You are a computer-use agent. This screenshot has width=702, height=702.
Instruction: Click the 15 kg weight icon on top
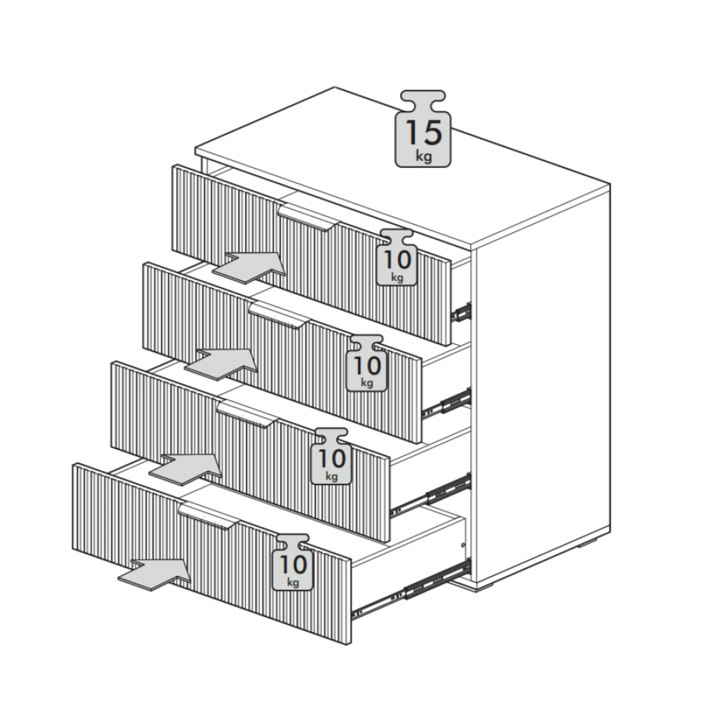[423, 129]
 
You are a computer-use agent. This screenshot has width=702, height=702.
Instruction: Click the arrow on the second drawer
[221, 364]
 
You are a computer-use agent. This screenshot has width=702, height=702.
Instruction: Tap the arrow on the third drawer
[185, 468]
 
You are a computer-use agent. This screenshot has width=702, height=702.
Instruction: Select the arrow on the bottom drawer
[155, 574]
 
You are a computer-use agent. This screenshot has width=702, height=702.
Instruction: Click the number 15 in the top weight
[423, 133]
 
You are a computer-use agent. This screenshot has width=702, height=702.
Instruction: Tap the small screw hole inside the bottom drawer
[463, 545]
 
